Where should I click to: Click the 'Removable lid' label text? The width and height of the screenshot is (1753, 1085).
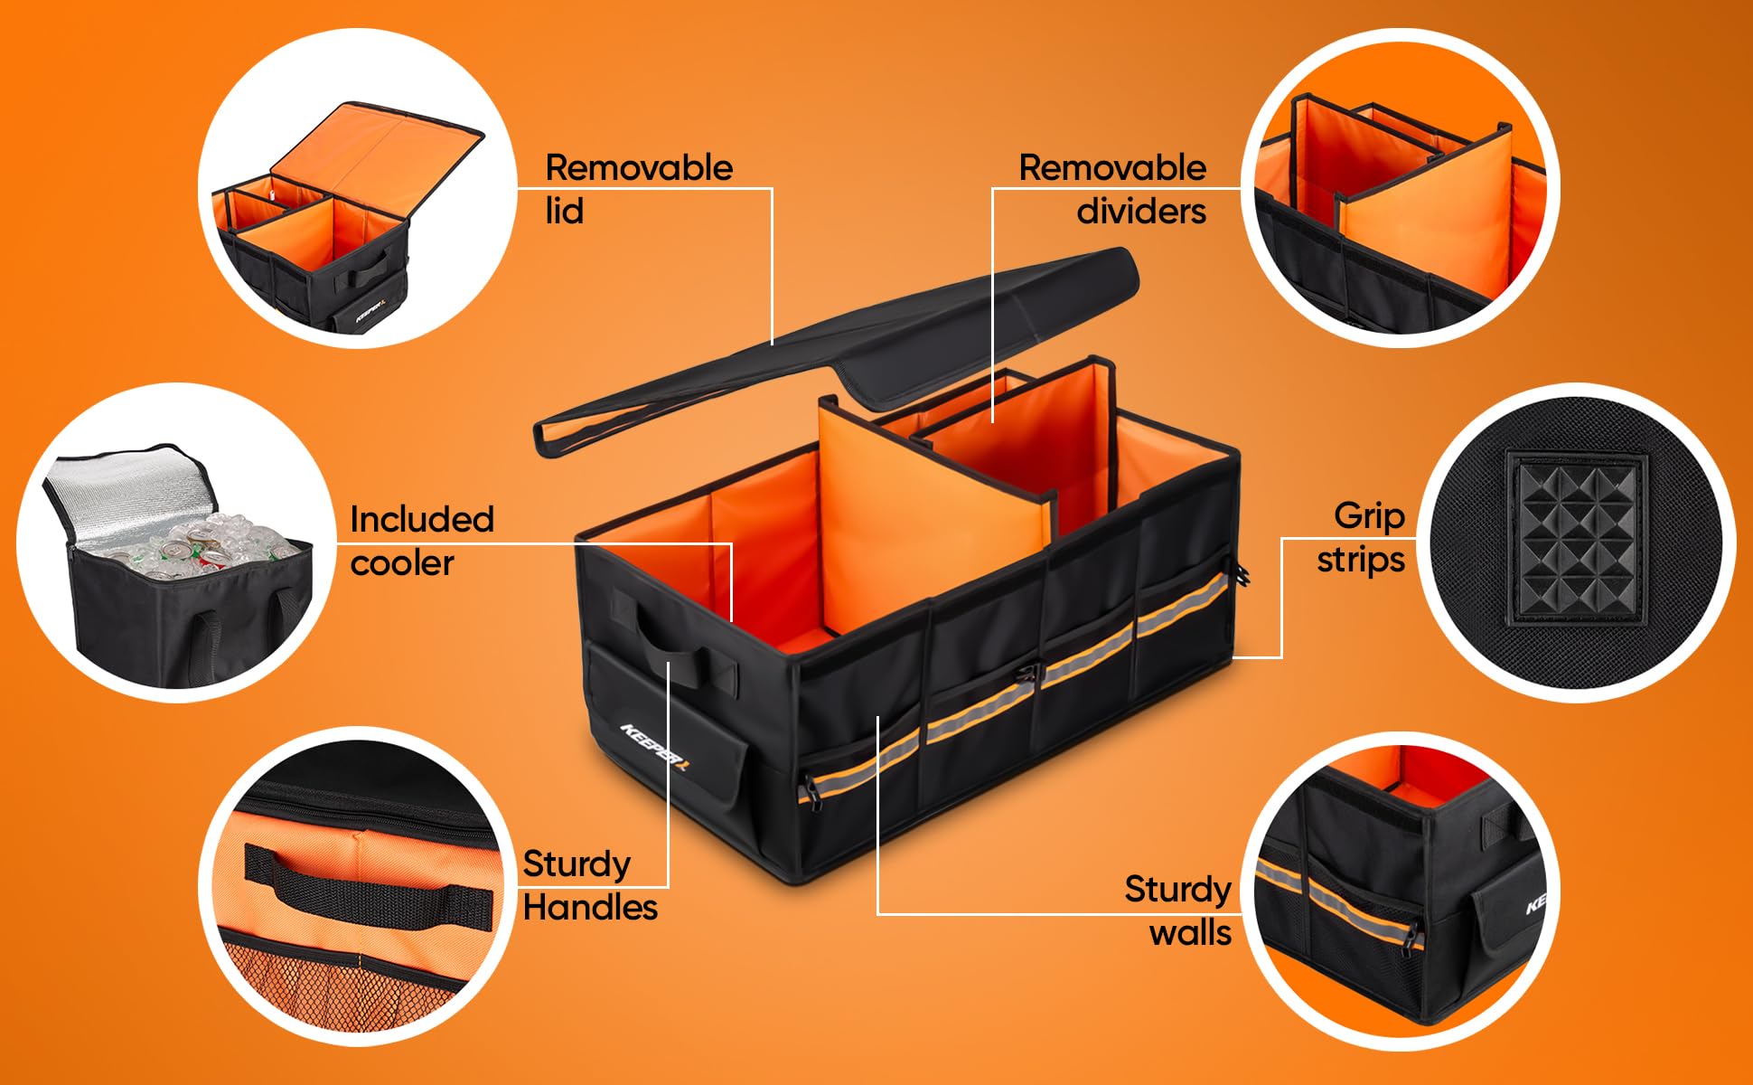[x=638, y=188]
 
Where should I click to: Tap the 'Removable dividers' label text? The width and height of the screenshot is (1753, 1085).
[x=1113, y=188]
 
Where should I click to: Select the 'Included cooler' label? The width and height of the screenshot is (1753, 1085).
[x=421, y=541]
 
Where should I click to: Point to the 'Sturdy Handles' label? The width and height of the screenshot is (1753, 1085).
[x=589, y=885]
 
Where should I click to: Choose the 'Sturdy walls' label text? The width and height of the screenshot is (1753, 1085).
[x=1177, y=910]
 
